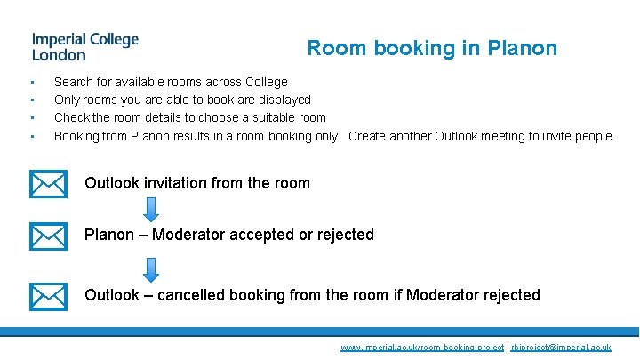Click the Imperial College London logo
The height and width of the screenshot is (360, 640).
(x=85, y=46)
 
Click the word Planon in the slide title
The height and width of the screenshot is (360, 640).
(x=523, y=48)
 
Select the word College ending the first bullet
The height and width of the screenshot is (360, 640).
(x=265, y=82)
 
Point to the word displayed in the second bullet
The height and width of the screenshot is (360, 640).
(x=282, y=100)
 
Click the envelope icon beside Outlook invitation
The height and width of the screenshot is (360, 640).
(x=48, y=184)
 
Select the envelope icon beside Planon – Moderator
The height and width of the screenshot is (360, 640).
(x=48, y=236)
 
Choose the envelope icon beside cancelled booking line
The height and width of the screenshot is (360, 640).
(x=48, y=296)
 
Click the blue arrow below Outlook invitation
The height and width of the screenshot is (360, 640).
(x=151, y=209)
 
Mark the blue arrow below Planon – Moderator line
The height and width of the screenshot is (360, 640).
(x=151, y=269)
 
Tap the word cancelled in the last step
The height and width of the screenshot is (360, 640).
(x=191, y=295)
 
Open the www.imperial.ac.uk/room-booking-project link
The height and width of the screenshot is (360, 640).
(x=422, y=348)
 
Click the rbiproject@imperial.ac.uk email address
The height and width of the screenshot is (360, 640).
(x=561, y=348)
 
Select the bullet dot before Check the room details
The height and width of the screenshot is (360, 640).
(x=32, y=117)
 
